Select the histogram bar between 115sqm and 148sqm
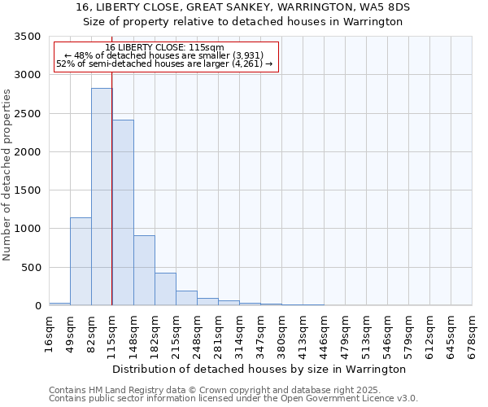[123, 212]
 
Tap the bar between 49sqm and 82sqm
[81, 261]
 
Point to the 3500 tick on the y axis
[27, 37]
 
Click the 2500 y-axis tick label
[27, 114]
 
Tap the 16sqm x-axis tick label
[50, 333]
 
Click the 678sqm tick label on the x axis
[473, 333]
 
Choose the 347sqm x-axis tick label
[261, 333]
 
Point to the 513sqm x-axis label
[367, 333]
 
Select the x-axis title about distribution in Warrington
[259, 370]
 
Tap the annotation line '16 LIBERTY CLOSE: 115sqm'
[164, 48]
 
